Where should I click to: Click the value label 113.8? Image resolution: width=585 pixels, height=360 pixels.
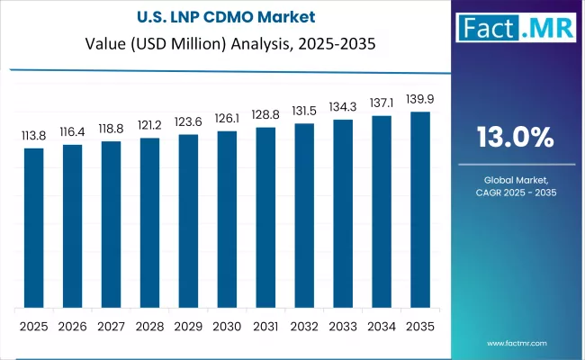tap(33, 136)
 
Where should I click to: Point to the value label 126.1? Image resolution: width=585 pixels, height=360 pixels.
tap(227, 120)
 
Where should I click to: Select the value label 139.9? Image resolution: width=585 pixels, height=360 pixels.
tap(420, 100)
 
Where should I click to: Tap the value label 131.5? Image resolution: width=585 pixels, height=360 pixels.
tap(304, 112)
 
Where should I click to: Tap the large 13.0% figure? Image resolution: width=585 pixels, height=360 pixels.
tap(515, 137)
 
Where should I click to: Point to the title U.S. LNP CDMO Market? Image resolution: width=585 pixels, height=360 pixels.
tap(227, 15)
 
